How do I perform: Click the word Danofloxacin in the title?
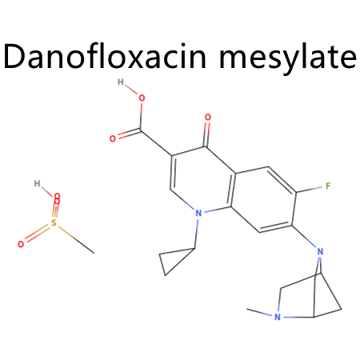pyautogui.click(x=105, y=56)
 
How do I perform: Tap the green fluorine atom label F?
pyautogui.click(x=328, y=186)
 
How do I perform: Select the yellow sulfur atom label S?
pyautogui.click(x=54, y=222)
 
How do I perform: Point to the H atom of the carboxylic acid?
pyautogui.click(x=121, y=82)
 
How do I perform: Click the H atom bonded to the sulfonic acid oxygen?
pyautogui.click(x=37, y=183)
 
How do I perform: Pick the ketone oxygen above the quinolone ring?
pyautogui.click(x=208, y=117)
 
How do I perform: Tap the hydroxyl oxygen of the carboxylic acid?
pyautogui.click(x=142, y=98)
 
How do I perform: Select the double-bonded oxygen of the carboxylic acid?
pyautogui.click(x=113, y=138)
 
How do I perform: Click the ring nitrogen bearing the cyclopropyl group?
pyautogui.click(x=198, y=214)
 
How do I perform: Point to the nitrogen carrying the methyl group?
pyautogui.click(x=278, y=317)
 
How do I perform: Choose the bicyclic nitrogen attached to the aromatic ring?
pyautogui.click(x=320, y=251)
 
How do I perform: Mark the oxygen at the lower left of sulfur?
pyautogui.click(x=21, y=244)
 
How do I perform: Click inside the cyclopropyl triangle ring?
pyautogui.click(x=174, y=260)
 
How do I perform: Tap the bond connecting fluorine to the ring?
pyautogui.click(x=310, y=190)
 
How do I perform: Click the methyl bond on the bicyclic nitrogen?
pyautogui.click(x=260, y=313)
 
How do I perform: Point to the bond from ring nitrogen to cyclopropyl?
pyautogui.click(x=197, y=234)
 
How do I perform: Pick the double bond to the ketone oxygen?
pyautogui.click(x=207, y=134)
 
